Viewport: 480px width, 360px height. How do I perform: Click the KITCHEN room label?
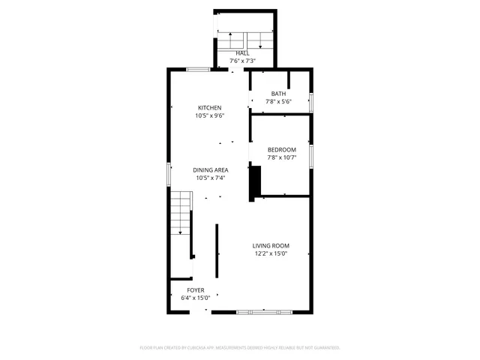click(209, 107)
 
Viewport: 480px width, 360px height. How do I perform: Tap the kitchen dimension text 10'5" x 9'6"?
click(209, 115)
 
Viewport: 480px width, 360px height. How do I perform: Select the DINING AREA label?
click(211, 170)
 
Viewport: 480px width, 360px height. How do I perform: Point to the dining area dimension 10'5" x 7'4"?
click(211, 178)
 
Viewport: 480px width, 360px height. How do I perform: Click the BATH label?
click(278, 94)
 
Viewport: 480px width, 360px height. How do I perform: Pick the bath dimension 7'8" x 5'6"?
click(278, 102)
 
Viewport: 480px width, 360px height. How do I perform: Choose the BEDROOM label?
click(282, 149)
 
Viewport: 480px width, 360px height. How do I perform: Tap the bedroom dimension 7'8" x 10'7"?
click(282, 157)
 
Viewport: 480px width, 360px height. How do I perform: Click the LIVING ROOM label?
click(271, 246)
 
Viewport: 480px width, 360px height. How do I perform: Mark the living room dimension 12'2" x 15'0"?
click(271, 254)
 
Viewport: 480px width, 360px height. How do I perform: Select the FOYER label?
click(195, 289)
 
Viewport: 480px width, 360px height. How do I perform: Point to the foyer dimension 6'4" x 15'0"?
click(195, 298)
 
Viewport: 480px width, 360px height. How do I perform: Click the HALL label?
click(242, 53)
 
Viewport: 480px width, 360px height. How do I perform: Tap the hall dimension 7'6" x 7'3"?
click(242, 61)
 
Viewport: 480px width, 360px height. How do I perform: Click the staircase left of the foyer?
click(180, 213)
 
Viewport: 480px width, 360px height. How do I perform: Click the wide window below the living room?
click(262, 311)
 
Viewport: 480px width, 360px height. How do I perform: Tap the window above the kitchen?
click(198, 70)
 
